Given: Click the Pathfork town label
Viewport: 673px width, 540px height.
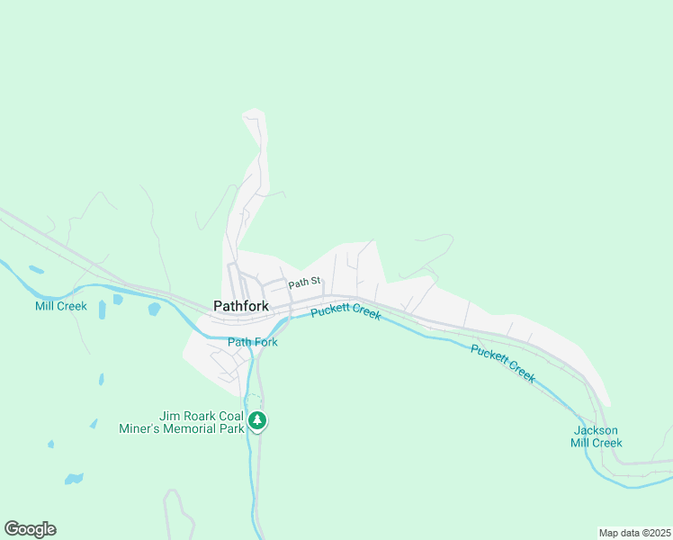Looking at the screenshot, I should [x=240, y=306].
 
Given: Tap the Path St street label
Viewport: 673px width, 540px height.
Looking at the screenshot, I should [x=304, y=283].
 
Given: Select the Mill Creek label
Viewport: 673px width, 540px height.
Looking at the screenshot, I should [x=61, y=306].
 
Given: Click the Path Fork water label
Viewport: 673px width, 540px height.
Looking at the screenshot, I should [x=253, y=342].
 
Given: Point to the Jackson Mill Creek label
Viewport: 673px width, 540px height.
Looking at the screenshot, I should [x=597, y=436].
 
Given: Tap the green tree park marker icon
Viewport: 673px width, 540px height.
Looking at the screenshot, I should [x=258, y=420].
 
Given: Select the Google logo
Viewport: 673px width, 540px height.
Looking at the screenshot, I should [x=30, y=529].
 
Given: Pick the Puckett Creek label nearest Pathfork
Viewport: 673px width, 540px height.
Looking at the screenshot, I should [x=346, y=312].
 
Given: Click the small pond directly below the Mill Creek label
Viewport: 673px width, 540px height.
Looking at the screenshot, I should [x=101, y=311].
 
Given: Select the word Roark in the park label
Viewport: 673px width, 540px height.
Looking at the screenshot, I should [x=199, y=416].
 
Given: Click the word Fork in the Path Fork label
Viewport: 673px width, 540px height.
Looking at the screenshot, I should [x=265, y=342].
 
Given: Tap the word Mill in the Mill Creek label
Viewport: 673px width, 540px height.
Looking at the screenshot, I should [x=44, y=306].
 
